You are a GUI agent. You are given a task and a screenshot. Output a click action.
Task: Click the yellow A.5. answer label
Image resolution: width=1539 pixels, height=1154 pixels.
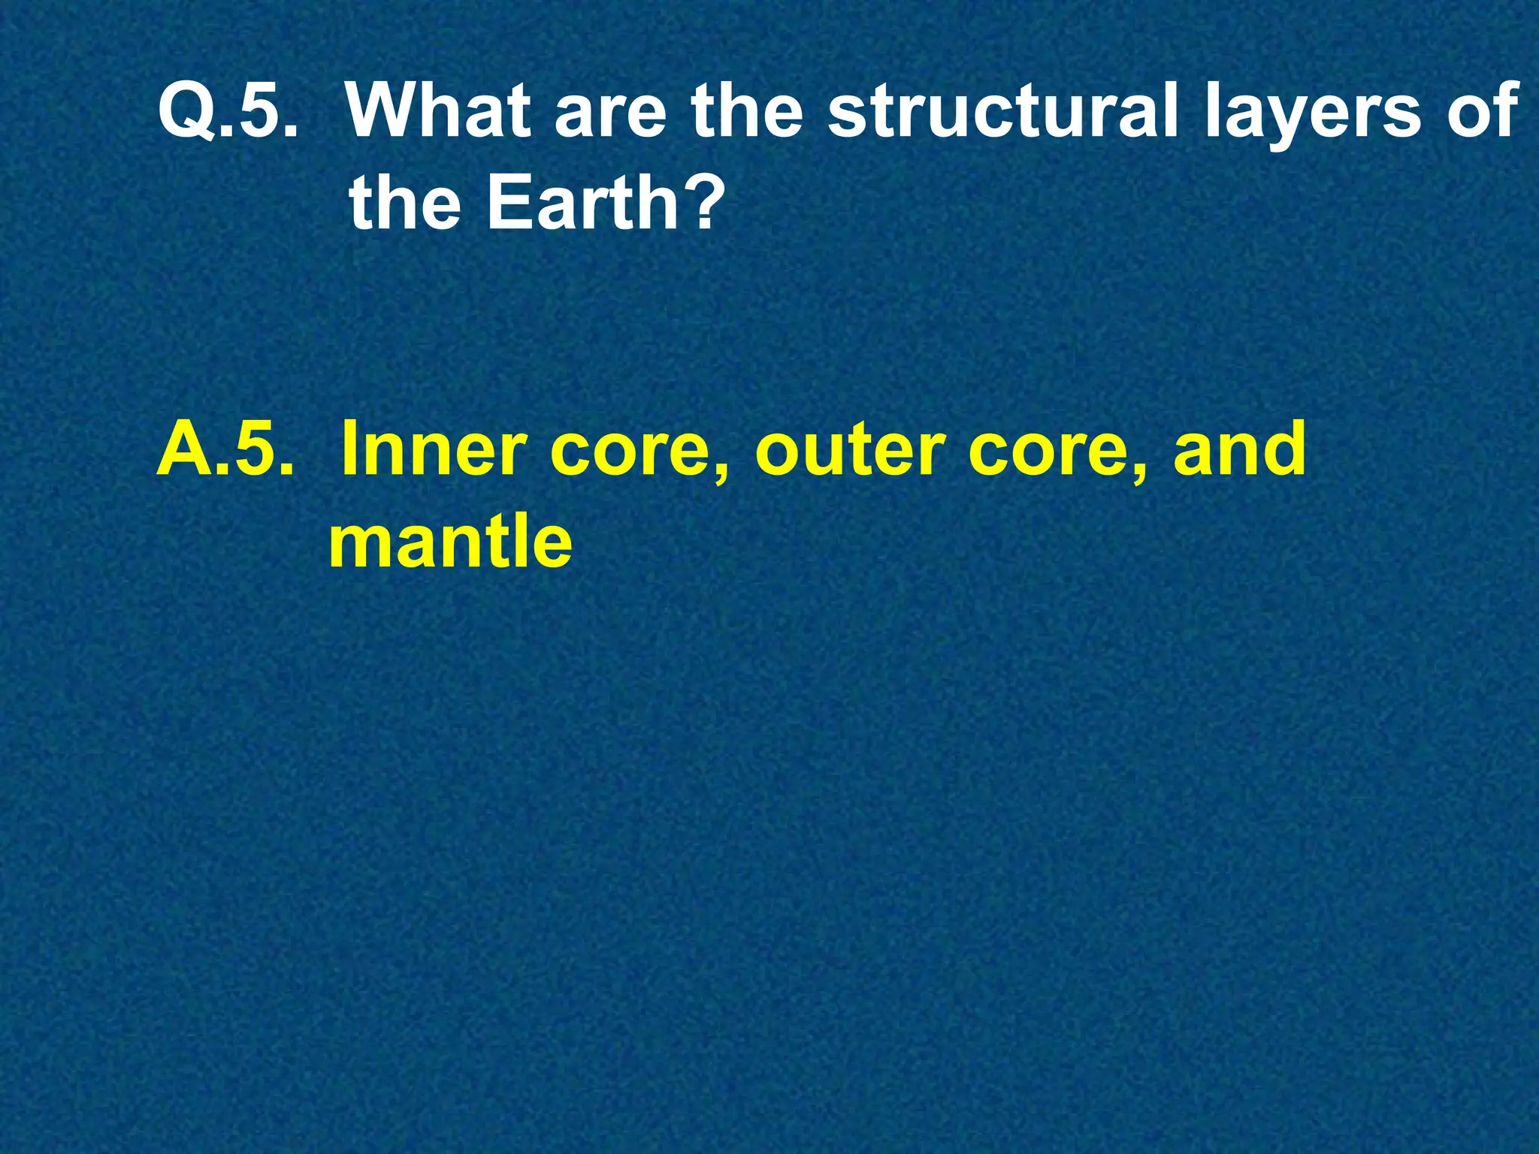point(224,449)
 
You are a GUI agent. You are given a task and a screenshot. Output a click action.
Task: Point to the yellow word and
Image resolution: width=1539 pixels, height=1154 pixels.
point(1240,449)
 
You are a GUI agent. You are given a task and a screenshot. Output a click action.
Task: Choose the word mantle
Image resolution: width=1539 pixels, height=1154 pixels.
point(450,539)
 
